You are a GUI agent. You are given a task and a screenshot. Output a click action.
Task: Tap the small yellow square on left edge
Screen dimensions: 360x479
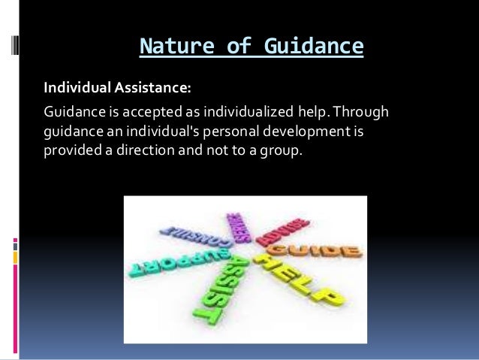coord(15,257)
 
